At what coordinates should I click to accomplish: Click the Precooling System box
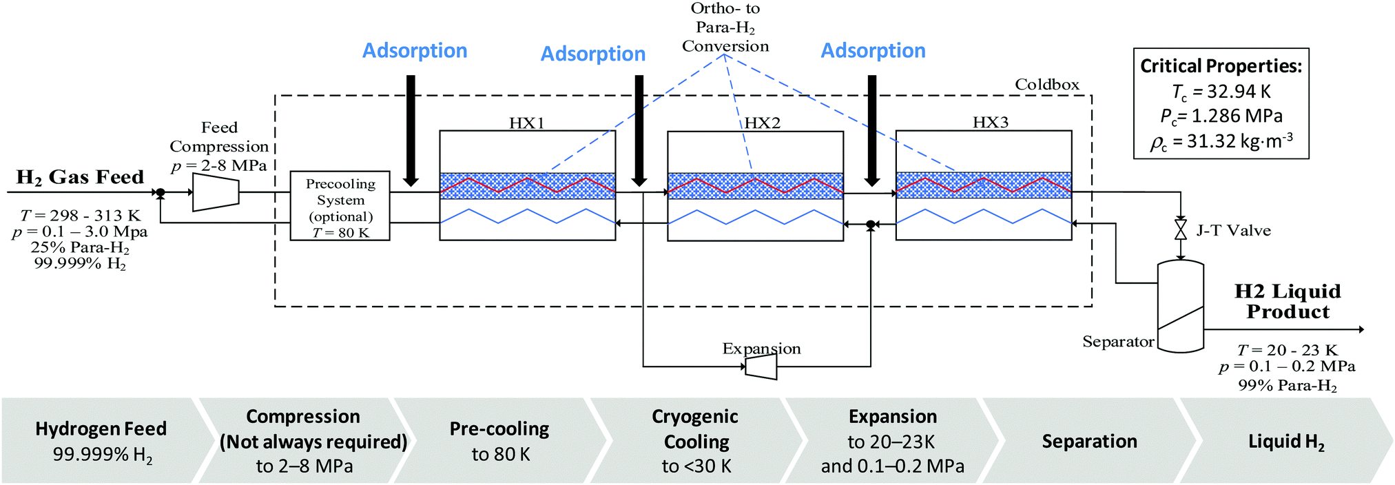click(340, 205)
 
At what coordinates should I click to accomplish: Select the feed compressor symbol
click(216, 192)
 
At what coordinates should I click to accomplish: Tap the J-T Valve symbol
click(1180, 230)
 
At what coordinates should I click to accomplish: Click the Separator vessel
click(1180, 307)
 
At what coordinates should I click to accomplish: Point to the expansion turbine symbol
click(761, 367)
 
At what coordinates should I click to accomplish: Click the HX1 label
click(527, 123)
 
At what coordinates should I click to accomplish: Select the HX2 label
click(763, 123)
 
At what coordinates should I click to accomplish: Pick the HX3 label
click(991, 122)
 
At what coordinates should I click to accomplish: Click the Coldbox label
click(1047, 85)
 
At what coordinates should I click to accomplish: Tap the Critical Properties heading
click(1221, 66)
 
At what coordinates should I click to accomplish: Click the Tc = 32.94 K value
click(1221, 92)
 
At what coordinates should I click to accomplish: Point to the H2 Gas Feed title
click(80, 178)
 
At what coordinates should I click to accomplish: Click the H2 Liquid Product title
click(1288, 301)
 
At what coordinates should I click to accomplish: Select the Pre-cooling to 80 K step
click(499, 441)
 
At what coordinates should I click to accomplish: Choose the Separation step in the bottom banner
click(1089, 441)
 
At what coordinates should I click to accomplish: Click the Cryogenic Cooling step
click(696, 441)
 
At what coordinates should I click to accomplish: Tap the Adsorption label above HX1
click(415, 51)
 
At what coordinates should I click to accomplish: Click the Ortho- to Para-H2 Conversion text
click(725, 28)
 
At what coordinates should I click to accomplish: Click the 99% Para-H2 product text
click(1287, 386)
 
